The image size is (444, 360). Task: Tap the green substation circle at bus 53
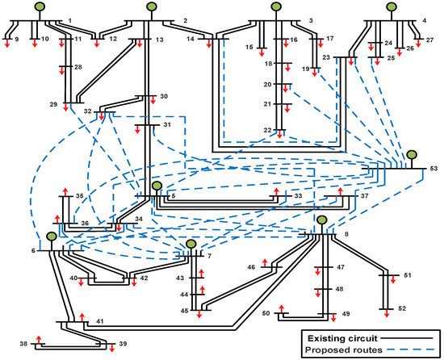click(x=412, y=154)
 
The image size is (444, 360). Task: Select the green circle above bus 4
click(x=392, y=9)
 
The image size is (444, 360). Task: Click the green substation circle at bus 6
click(x=51, y=237)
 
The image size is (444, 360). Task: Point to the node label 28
click(x=78, y=68)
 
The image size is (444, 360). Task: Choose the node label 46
click(x=251, y=266)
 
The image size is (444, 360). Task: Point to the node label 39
click(x=123, y=345)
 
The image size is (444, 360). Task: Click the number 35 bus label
click(x=79, y=196)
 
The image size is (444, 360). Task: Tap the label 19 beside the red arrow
click(x=305, y=69)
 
